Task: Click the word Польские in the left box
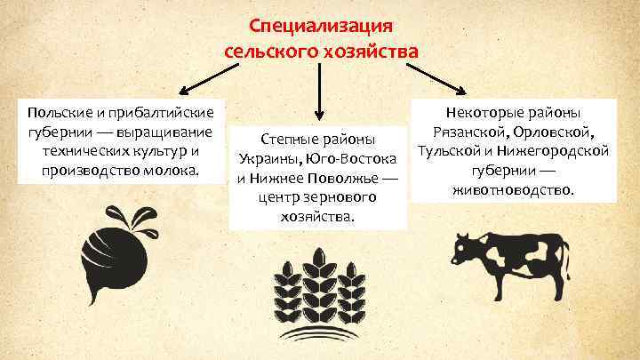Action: [x=57, y=115]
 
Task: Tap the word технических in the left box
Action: [x=83, y=151]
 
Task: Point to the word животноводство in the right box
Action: [x=512, y=189]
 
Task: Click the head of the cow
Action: [x=465, y=248]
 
